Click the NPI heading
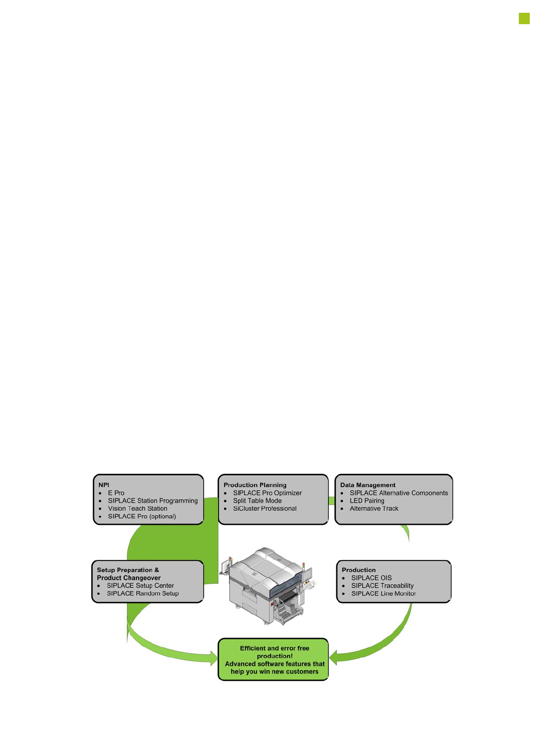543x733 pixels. click(104, 485)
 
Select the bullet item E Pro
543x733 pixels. click(116, 493)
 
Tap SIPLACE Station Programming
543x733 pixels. click(152, 501)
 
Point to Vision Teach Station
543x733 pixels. click(137, 508)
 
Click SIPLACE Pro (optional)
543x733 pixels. click(141, 516)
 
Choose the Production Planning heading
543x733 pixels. click(255, 485)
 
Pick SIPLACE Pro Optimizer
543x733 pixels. click(267, 493)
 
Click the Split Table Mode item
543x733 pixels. click(257, 501)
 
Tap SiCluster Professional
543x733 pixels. click(265, 508)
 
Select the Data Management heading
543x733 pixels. click(367, 485)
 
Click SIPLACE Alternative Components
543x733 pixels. click(398, 493)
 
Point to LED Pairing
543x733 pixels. click(367, 501)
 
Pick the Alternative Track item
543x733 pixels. click(374, 508)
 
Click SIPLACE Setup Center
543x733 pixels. click(140, 586)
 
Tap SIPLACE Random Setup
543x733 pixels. click(142, 593)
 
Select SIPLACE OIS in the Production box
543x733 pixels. click(371, 578)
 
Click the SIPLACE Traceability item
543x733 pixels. click(382, 586)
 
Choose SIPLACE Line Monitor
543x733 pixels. click(383, 593)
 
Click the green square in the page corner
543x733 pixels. click(524, 18)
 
